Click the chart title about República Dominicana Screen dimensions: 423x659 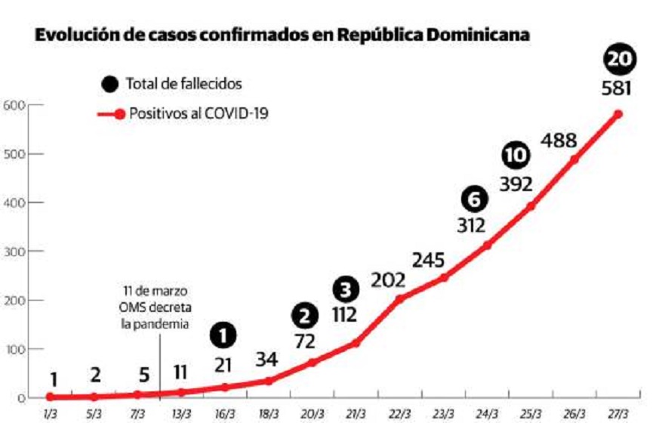(x=282, y=35)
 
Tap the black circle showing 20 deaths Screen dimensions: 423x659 (x=619, y=60)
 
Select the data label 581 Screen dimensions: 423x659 (x=617, y=88)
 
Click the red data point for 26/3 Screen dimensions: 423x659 (x=574, y=159)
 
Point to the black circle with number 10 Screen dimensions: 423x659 (x=516, y=156)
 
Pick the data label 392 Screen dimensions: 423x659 (x=516, y=184)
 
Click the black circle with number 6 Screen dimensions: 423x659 (x=473, y=199)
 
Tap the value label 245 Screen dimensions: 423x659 (x=430, y=259)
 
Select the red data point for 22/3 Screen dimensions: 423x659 (x=399, y=299)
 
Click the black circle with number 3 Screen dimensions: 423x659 (x=344, y=289)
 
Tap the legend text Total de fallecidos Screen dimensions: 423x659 (x=184, y=84)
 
